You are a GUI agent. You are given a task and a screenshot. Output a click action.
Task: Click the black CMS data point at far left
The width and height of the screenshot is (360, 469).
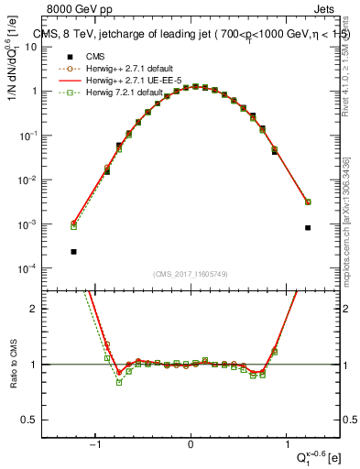73,251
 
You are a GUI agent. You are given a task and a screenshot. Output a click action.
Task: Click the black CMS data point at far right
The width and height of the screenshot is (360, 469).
308,227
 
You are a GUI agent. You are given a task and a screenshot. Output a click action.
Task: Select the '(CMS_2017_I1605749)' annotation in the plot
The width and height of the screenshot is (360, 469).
191,273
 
